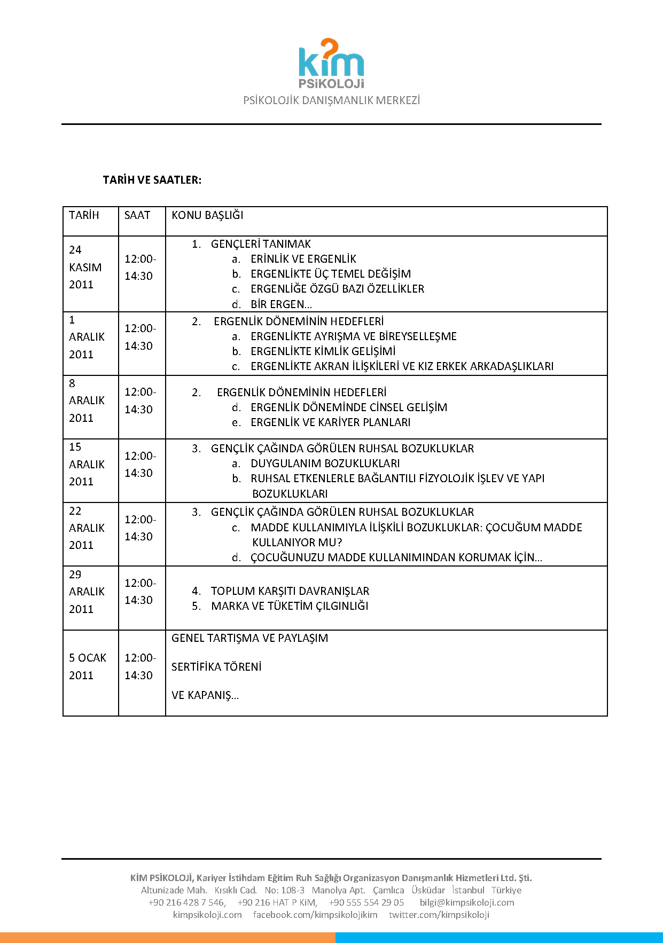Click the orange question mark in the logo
point(330,48)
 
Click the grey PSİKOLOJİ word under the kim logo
point(331,84)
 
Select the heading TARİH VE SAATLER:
point(152,180)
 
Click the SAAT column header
point(137,215)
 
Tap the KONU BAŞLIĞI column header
point(207,215)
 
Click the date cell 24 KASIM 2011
point(85,267)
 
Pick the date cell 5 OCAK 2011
point(88,666)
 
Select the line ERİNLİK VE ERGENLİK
point(303,259)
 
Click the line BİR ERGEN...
point(281,304)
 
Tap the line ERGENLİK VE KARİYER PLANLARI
point(330,422)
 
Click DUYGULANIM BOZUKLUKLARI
point(325,463)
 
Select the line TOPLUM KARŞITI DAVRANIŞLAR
point(290,591)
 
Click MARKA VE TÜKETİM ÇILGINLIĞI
point(290,606)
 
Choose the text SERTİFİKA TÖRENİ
point(216,667)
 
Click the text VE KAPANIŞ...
point(205,695)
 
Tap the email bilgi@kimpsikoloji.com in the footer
point(466,902)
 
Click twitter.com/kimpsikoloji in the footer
point(439,915)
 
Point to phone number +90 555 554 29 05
point(366,902)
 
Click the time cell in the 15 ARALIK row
point(140,465)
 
